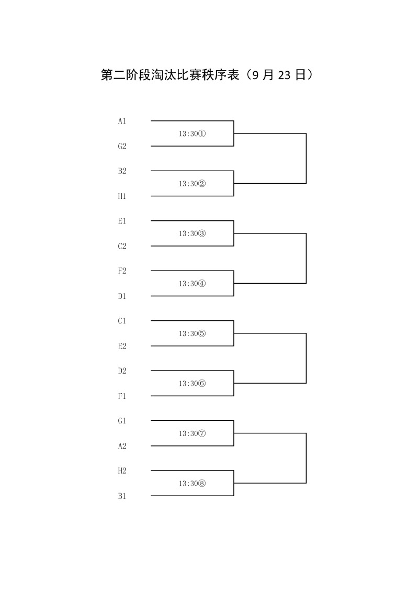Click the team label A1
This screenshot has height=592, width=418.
(x=122, y=121)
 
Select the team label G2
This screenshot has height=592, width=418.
(x=122, y=146)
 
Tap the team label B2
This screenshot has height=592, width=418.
(x=122, y=171)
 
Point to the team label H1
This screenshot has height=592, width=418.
(x=122, y=196)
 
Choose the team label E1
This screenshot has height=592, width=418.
(x=122, y=221)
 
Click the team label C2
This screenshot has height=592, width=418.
(x=122, y=246)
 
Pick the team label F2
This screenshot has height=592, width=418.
(x=122, y=271)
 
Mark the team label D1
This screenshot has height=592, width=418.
(x=122, y=296)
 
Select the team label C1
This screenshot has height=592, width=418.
(x=122, y=321)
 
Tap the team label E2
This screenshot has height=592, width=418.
(x=122, y=346)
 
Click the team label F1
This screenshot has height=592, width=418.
(x=122, y=396)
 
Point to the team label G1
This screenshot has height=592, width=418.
(x=122, y=421)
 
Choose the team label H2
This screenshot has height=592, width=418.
(x=122, y=471)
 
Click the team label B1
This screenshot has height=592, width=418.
(x=122, y=496)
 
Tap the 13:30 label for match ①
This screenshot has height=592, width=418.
(x=188, y=133)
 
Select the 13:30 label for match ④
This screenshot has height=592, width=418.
(x=188, y=284)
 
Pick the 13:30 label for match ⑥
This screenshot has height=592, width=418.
(x=188, y=384)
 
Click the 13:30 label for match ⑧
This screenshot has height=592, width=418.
(x=188, y=484)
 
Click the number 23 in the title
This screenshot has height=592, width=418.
(x=285, y=75)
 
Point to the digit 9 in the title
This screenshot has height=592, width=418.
(x=255, y=75)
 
